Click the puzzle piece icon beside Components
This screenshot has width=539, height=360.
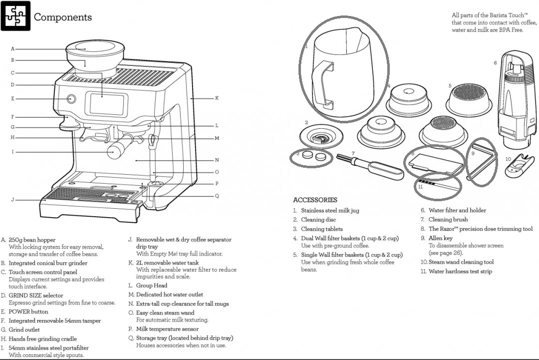[15, 16]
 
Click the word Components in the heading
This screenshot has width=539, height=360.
[62, 17]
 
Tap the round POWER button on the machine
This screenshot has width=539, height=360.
[71, 98]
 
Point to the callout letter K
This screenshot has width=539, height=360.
[217, 98]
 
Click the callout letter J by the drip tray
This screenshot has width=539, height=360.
[13, 200]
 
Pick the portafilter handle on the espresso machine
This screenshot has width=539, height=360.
[118, 150]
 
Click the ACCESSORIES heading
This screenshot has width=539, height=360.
[315, 200]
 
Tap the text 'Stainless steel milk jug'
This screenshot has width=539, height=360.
[330, 211]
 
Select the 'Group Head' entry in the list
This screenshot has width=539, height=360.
[152, 286]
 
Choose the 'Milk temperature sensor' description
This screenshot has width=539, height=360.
[167, 329]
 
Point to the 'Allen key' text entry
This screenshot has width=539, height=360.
[441, 238]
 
